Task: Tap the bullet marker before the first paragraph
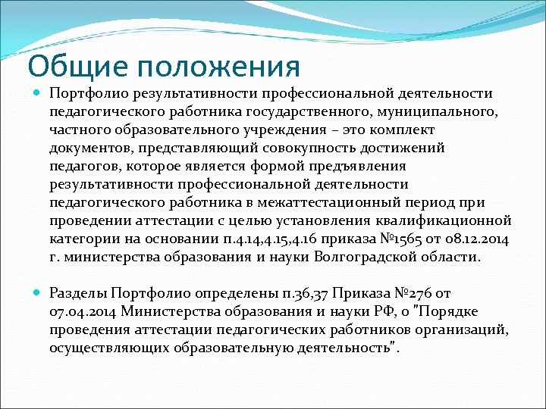click(x=38, y=94)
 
